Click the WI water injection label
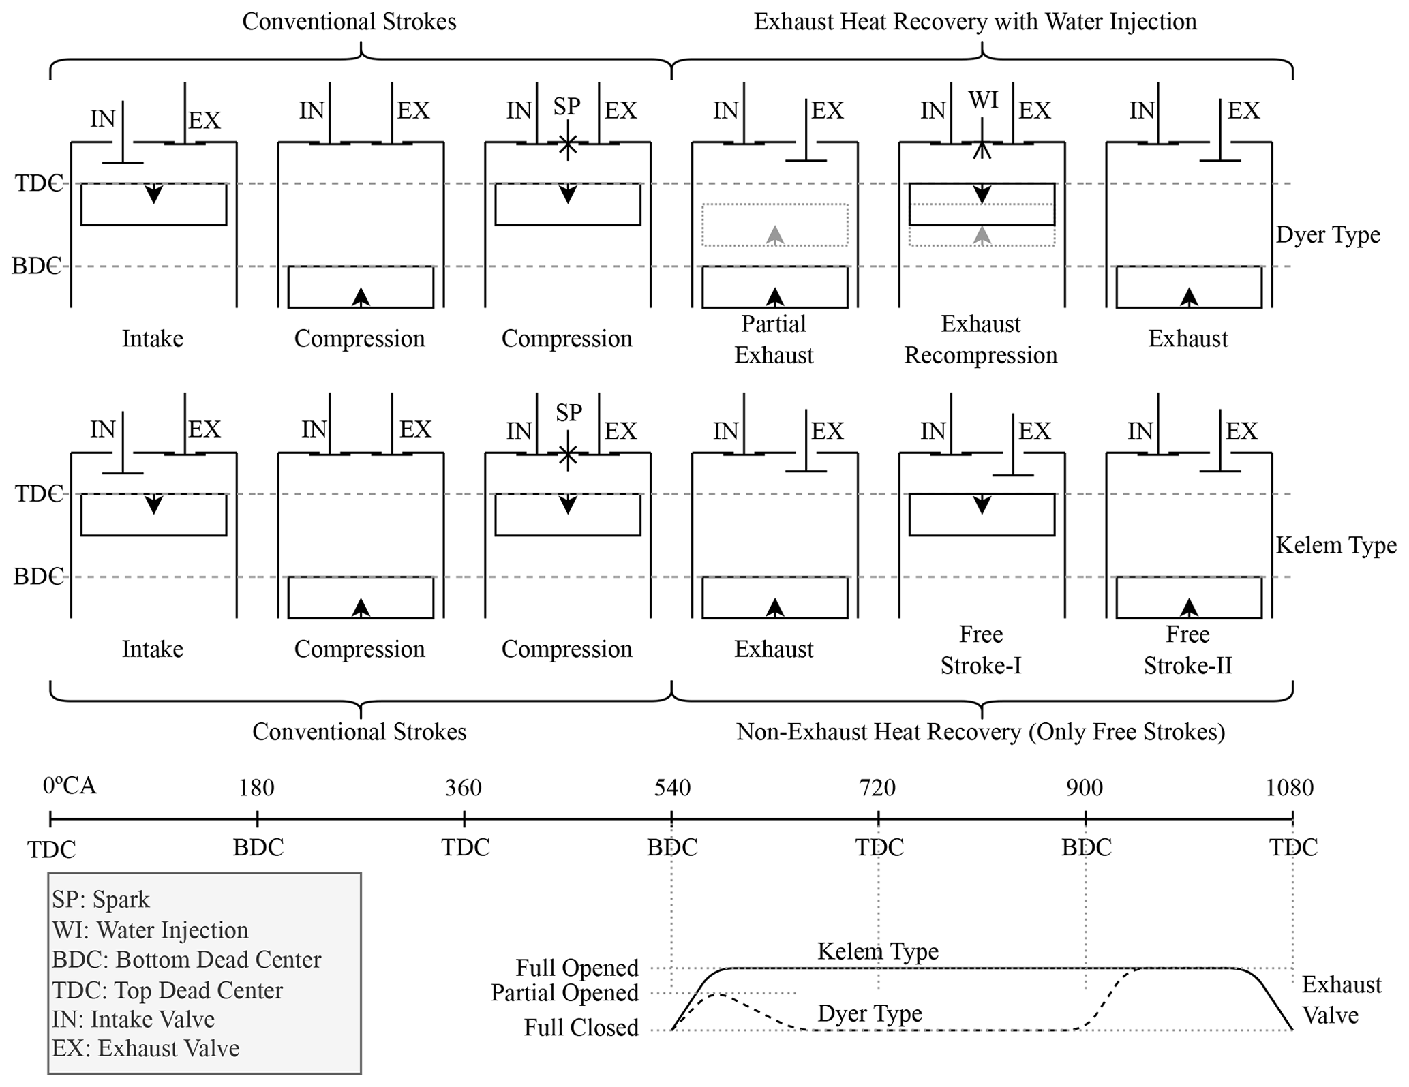pos(983,100)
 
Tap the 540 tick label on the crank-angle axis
pos(672,788)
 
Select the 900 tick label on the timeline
pos(1085,788)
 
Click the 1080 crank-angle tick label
pos(1289,788)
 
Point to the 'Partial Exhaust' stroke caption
pos(774,339)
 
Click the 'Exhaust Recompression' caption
pos(981,339)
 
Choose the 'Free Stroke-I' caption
pos(981,649)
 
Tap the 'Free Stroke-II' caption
pos(1187,649)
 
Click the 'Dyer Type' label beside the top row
pos(1328,235)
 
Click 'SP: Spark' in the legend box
pos(100,900)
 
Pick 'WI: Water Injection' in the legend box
pos(150,930)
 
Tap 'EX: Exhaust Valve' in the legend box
pos(145,1048)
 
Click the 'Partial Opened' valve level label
pos(565,993)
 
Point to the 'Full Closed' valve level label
pos(581,1028)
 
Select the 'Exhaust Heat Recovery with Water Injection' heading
pos(975,22)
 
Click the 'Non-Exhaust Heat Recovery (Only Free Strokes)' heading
pos(980,732)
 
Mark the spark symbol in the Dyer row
pos(567,144)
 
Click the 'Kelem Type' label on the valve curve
pos(878,951)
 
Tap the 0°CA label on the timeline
pos(70,786)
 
